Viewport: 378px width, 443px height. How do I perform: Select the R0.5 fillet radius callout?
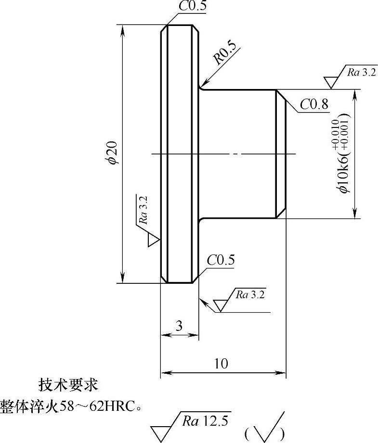coord(225,53)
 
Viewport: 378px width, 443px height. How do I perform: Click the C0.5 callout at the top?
coord(192,6)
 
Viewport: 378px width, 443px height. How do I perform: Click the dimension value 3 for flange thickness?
coord(179,326)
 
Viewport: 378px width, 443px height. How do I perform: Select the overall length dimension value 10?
coord(222,364)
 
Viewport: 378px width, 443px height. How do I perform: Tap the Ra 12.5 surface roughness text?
coord(207,421)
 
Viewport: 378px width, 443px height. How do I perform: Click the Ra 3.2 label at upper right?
coord(361,72)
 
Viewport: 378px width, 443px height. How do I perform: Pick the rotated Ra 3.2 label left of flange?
coord(143,211)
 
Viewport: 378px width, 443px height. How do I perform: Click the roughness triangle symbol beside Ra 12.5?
coord(163,430)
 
